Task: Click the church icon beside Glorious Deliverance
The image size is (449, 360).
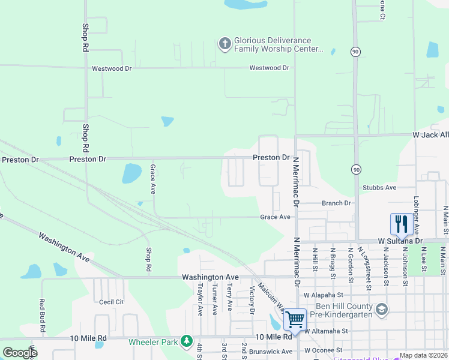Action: pos(225,43)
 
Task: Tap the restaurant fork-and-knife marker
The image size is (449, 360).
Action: pos(400,224)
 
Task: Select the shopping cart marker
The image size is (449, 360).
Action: pos(295,319)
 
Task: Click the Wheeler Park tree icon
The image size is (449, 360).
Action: pos(187,342)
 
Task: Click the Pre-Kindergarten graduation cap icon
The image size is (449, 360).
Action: pos(381,310)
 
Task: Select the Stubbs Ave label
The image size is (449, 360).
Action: pos(379,188)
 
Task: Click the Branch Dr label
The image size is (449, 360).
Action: pos(336,203)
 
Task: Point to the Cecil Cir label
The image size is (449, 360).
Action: pos(111,302)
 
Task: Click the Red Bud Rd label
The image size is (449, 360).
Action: pos(42,316)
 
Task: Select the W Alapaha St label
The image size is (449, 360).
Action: pos(323,295)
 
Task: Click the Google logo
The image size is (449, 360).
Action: pos(20,353)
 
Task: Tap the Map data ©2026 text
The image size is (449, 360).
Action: pos(423,355)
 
